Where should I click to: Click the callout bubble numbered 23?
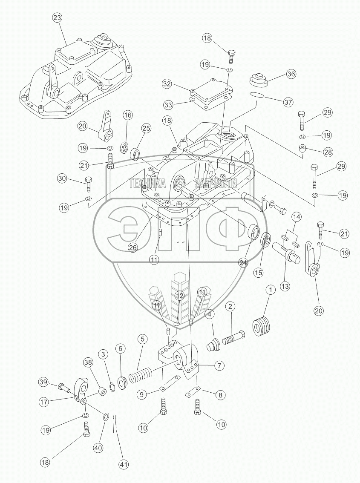click(57, 18)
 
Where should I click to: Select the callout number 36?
click(291, 74)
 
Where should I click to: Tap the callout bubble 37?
click(288, 102)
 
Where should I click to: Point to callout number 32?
click(167, 84)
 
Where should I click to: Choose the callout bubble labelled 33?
click(167, 104)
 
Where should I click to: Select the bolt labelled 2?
click(234, 338)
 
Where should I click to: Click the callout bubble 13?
click(285, 286)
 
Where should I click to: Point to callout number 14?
click(296, 217)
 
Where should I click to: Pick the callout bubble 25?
click(146, 128)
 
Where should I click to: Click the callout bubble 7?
click(220, 365)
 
